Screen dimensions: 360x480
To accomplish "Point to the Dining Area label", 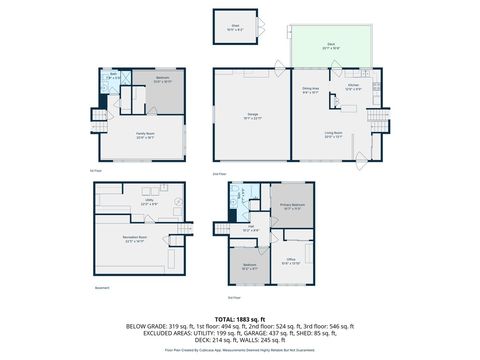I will click(x=310, y=91).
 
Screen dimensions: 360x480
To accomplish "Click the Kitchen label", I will click(x=352, y=87).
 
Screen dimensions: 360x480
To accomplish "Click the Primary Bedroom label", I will click(x=292, y=207).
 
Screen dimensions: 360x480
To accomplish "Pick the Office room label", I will click(x=292, y=262).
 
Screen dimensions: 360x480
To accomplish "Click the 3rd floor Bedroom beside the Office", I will click(x=249, y=266).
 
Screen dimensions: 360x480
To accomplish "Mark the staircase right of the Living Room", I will click(x=376, y=120).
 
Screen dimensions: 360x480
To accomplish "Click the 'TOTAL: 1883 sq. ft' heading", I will click(x=240, y=317).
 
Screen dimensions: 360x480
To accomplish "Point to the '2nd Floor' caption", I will click(x=220, y=174).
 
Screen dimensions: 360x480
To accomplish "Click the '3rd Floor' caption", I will click(x=234, y=297).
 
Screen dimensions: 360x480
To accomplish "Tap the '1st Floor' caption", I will click(x=96, y=170).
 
